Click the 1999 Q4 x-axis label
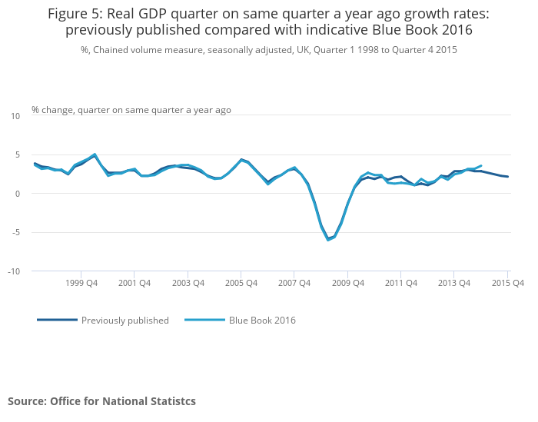pyautogui.click(x=81, y=283)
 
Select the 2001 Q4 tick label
pyautogui.click(x=134, y=283)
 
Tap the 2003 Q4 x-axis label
pyautogui.click(x=188, y=283)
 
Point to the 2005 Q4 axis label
pyautogui.click(x=241, y=283)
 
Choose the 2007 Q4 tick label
pyautogui.click(x=294, y=283)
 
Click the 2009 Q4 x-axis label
pyautogui.click(x=348, y=283)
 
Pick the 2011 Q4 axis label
pyautogui.click(x=401, y=283)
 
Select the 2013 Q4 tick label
pyautogui.click(x=454, y=283)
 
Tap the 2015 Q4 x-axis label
pyautogui.click(x=508, y=283)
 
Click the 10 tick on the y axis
pyautogui.click(x=15, y=116)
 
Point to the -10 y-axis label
pyautogui.click(x=14, y=271)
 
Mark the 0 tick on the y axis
pyautogui.click(x=18, y=194)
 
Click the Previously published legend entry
pyautogui.click(x=103, y=320)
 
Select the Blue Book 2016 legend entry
pyautogui.click(x=240, y=320)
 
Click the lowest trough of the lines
pyautogui.click(x=328, y=240)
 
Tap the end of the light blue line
pyautogui.click(x=481, y=165)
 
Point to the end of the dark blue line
pyautogui.click(x=508, y=177)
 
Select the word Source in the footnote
pyautogui.click(x=27, y=401)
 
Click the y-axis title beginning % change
pyautogui.click(x=131, y=110)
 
